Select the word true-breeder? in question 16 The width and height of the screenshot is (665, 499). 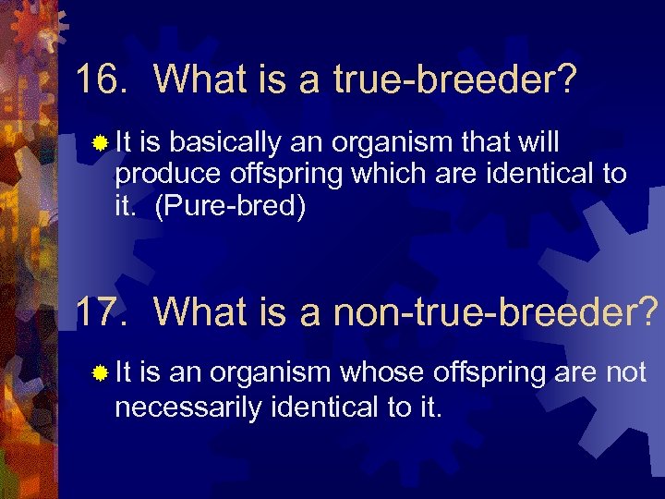(457, 80)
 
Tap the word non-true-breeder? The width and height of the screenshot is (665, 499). (494, 312)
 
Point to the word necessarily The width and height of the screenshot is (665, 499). (187, 405)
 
